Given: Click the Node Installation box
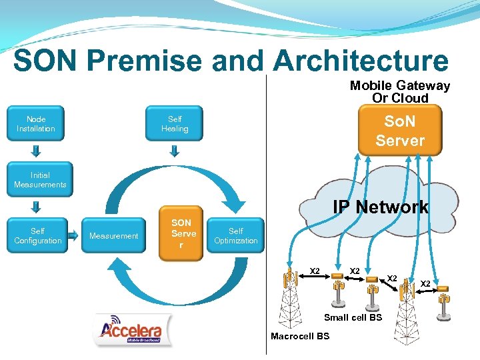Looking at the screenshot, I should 36,124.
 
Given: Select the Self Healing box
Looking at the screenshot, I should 175,124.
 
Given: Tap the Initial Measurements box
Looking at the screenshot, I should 40,180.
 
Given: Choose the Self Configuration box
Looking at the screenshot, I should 37,236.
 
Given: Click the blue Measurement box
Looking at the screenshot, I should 113,236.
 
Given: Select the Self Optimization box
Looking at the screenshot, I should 236,236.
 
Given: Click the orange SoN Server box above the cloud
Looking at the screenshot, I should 399,131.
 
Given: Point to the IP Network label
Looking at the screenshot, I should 381,207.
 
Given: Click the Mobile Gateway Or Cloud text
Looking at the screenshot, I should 400,92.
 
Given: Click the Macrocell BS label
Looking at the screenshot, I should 300,336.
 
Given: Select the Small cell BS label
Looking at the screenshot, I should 353,317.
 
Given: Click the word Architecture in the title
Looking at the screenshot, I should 361,61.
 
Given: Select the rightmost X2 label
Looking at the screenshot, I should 425,284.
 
